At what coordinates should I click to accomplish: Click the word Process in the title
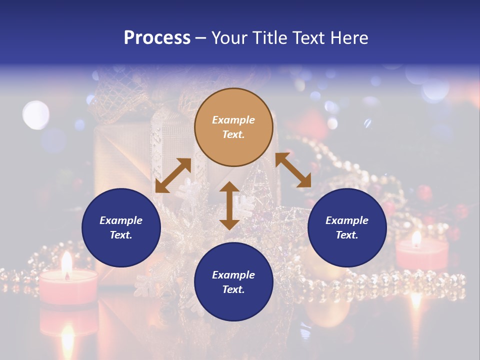(x=157, y=38)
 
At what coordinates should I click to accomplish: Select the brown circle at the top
(x=233, y=127)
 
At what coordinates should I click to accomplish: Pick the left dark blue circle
(x=121, y=227)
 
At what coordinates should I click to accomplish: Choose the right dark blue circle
(x=347, y=227)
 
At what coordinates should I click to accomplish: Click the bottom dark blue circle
(x=233, y=282)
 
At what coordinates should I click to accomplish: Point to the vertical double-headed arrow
(x=229, y=205)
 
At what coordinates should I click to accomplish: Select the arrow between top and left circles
(x=173, y=175)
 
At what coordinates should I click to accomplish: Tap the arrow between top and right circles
(x=293, y=170)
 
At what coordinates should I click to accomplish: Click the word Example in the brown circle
(x=233, y=120)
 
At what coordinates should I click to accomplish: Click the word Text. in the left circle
(x=121, y=235)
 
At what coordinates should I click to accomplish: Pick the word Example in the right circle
(x=347, y=220)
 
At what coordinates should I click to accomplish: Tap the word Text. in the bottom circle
(x=233, y=289)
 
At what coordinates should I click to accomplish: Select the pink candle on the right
(x=422, y=254)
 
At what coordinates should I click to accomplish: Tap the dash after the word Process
(x=200, y=38)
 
